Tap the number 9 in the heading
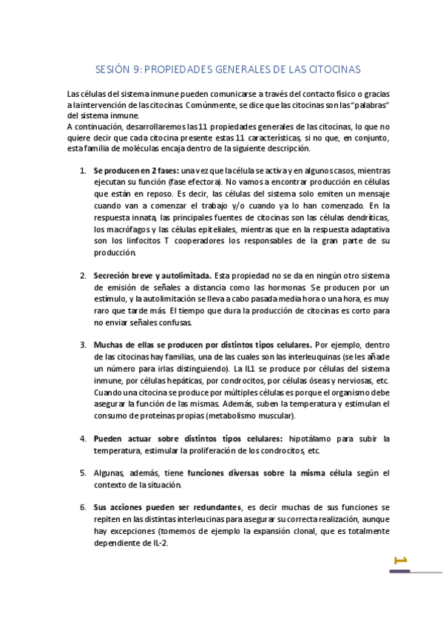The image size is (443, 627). point(137,70)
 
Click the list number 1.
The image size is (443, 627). point(82,169)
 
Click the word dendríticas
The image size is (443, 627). point(367,219)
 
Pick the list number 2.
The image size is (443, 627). point(82,276)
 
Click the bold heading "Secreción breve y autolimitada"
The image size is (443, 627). point(152,276)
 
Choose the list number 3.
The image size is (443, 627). point(82,344)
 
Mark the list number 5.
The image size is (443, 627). point(82,472)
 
